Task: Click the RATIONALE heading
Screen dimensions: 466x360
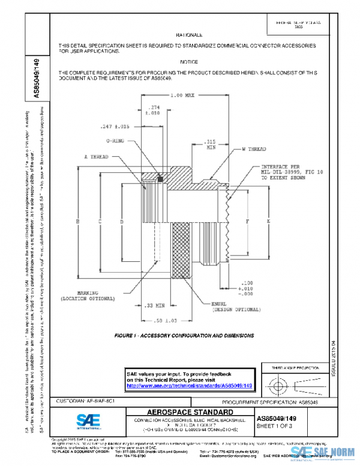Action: pyautogui.click(x=189, y=35)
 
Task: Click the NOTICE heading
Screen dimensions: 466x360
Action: pyautogui.click(x=189, y=62)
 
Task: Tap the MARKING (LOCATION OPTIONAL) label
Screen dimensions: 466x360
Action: pyautogui.click(x=87, y=295)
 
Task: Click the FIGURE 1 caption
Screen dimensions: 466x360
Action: pyautogui.click(x=184, y=336)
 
